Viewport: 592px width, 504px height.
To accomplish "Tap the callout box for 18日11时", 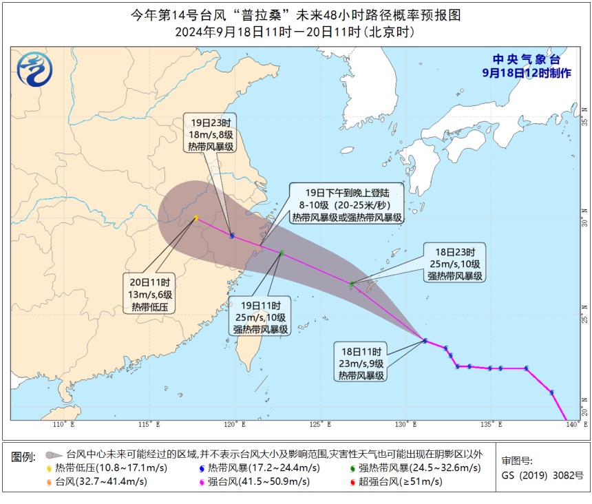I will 361,361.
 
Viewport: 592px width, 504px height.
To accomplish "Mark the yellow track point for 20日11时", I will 196,218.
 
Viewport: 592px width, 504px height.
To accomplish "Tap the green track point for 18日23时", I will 352,284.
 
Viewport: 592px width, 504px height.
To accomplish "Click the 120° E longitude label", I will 233,424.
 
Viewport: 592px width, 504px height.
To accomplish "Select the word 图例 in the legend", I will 24,456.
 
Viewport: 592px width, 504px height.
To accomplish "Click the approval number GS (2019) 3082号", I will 542,476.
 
